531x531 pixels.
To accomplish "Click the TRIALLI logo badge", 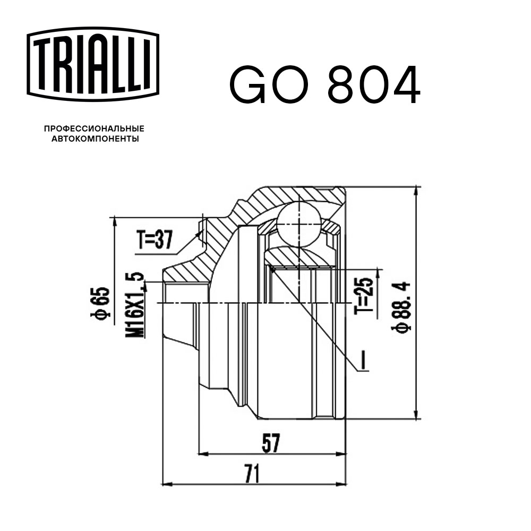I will pyautogui.click(x=93, y=63).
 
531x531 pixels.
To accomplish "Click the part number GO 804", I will pyautogui.click(x=324, y=85).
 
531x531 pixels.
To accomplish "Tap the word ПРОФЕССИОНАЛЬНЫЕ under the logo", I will pyautogui.click(x=94, y=129).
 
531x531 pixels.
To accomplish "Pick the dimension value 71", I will pyautogui.click(x=253, y=472).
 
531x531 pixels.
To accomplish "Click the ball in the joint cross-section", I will pyautogui.click(x=299, y=224).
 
